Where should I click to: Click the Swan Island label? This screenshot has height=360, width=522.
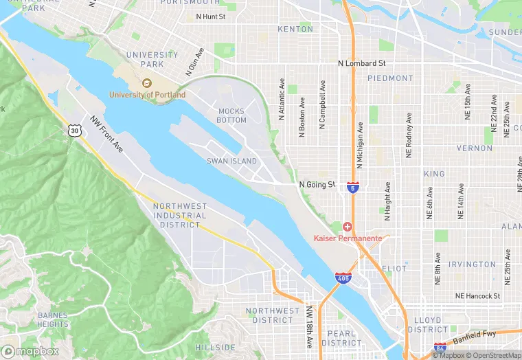point(231,161)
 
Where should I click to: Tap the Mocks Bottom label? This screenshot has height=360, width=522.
point(231,115)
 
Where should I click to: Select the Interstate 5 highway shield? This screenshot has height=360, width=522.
point(352,188)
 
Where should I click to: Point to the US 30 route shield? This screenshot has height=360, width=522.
point(74,129)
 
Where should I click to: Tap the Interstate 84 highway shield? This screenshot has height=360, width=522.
point(440,349)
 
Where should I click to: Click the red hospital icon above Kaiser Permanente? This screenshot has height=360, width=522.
point(348,227)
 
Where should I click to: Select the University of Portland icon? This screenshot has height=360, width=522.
point(146,83)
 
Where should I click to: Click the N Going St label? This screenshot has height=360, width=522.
point(317,185)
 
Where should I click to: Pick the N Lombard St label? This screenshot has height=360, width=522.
point(362,63)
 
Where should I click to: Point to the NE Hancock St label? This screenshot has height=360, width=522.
point(477,295)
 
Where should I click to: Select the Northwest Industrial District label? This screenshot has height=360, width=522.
point(179,215)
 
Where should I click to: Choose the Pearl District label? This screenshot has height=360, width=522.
point(341,338)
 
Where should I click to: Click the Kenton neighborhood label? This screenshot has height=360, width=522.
point(295,29)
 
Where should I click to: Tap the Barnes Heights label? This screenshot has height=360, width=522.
point(53,319)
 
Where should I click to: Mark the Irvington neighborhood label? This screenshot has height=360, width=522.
point(472,265)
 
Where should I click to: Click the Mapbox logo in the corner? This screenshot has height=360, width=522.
point(30,350)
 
